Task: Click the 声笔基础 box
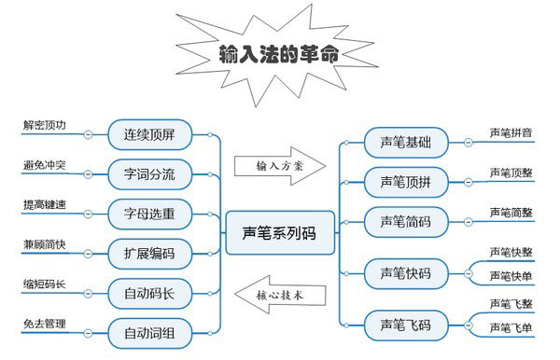(405, 143)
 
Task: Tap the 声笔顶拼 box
(405, 182)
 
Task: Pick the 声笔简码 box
(405, 221)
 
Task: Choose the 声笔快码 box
(405, 273)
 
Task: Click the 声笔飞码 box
(405, 325)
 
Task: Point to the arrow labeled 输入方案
(279, 164)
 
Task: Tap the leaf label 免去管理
(45, 324)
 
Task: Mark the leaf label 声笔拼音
(511, 133)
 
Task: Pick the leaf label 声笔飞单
(511, 328)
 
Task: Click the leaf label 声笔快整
(511, 252)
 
